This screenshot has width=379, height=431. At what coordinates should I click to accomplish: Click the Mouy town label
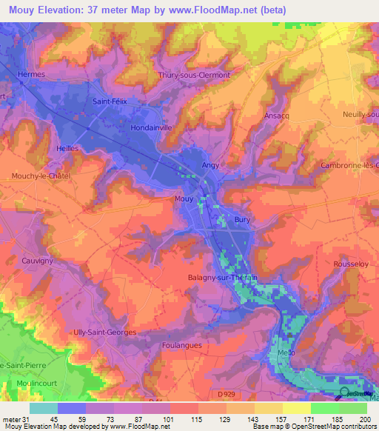(184, 199)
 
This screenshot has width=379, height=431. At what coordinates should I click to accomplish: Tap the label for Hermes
(33, 75)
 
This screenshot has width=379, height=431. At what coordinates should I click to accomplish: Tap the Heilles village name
(67, 148)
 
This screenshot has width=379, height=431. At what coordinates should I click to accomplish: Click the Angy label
(210, 166)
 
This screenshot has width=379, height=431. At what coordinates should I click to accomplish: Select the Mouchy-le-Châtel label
(40, 176)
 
